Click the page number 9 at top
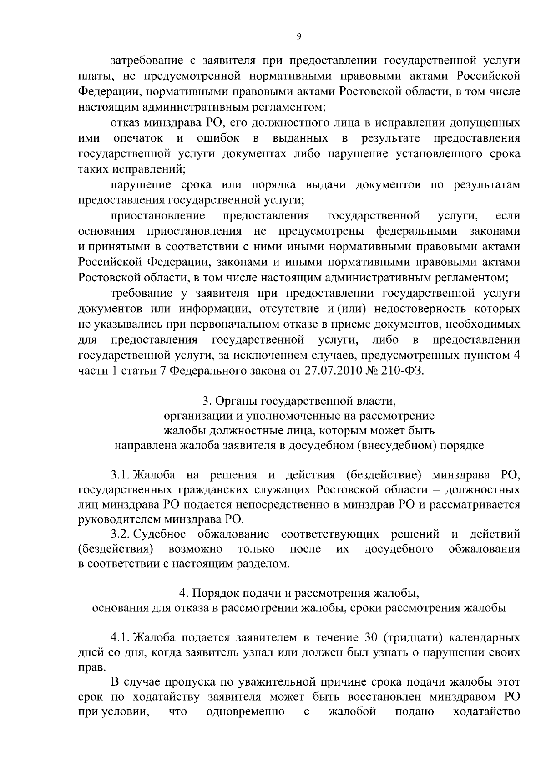pos(298,37)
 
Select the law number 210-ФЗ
pos(403,371)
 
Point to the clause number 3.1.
pos(121,475)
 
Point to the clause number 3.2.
pos(121,534)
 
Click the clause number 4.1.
pos(121,636)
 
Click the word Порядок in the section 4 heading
pos(212,594)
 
